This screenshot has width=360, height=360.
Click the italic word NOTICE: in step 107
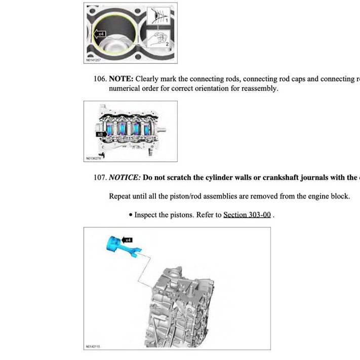tap(125, 177)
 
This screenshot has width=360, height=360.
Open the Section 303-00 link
tap(247, 215)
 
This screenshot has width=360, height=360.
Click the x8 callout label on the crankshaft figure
tap(100, 134)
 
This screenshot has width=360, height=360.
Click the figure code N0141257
tap(95, 60)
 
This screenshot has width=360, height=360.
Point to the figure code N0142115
tap(95, 347)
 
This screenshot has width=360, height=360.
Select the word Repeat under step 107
tap(121, 196)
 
